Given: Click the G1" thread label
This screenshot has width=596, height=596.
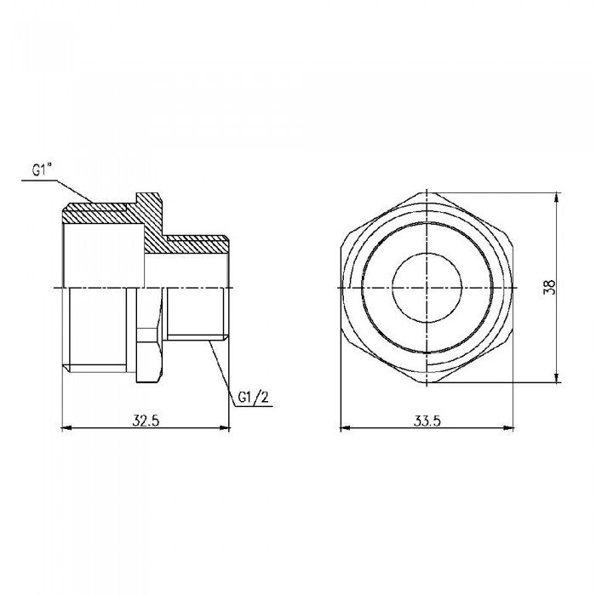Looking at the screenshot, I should [43, 171].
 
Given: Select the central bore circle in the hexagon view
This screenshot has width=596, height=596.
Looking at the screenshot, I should [427, 287].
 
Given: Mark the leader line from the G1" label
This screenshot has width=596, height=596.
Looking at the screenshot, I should [72, 189].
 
